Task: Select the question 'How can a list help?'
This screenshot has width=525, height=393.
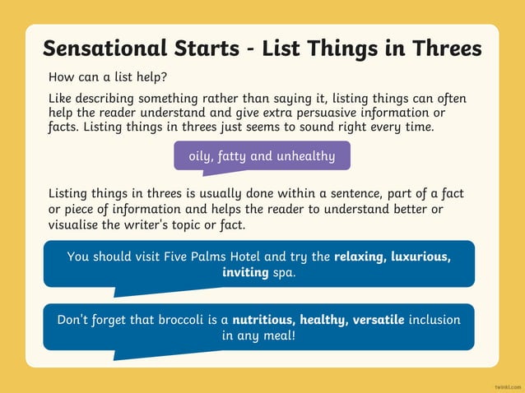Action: [x=108, y=77]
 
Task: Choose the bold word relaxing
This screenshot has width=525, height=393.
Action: [x=363, y=257]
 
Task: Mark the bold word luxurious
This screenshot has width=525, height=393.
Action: [x=423, y=257]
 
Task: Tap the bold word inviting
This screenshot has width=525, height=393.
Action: [x=245, y=272]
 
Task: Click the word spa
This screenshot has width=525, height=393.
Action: [x=284, y=272]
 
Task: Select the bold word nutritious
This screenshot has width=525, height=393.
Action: [x=263, y=319]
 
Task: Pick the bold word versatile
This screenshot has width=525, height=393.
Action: [x=379, y=319]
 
